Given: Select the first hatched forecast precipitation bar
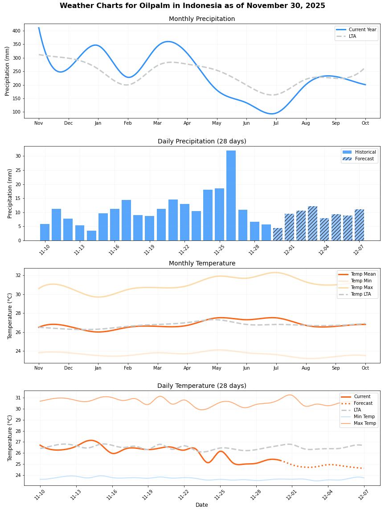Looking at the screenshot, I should click(278, 234).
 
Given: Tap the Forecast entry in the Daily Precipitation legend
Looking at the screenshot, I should click(364, 159).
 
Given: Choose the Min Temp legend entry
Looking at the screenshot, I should click(364, 416).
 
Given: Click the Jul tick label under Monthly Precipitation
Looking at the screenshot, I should click(276, 123).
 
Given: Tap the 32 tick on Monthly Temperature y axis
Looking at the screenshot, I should click(18, 275).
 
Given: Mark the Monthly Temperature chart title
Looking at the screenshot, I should click(202, 263).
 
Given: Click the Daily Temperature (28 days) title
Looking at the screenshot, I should click(202, 386).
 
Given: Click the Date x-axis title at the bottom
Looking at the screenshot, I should click(202, 505).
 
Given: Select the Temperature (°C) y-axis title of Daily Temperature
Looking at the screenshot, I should click(10, 438).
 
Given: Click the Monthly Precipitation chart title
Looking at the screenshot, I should click(202, 19).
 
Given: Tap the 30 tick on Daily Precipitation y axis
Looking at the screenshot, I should click(18, 156).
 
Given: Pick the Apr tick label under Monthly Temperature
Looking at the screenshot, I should click(187, 368).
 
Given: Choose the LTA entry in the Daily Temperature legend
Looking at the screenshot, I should click(358, 410).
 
